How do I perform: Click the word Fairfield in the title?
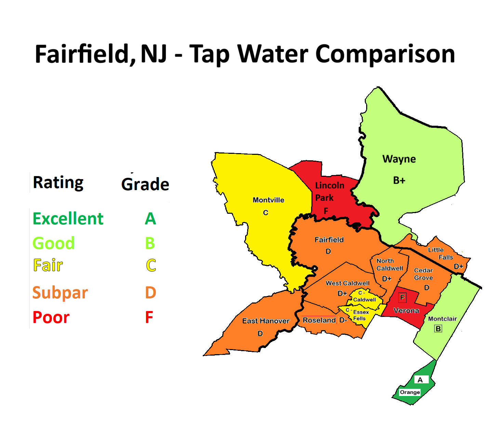pyautogui.click(x=82, y=54)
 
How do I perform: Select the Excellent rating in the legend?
pyautogui.click(x=68, y=219)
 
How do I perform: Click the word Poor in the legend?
pyautogui.click(x=51, y=317)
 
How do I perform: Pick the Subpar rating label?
pyautogui.click(x=60, y=293)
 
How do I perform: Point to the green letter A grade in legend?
pyautogui.click(x=150, y=219)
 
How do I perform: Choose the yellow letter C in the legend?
pyautogui.click(x=151, y=265)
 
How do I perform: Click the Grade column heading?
pyautogui.click(x=145, y=184)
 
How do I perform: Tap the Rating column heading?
pyautogui.click(x=58, y=183)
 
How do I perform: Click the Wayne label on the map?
pyautogui.click(x=399, y=159)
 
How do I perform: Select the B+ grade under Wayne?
pyautogui.click(x=399, y=180)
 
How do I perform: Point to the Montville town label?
pyautogui.click(x=268, y=200)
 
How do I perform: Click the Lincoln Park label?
pyautogui.click(x=329, y=191)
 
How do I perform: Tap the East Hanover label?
pyautogui.click(x=266, y=321)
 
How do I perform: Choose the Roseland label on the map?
pyautogui.click(x=319, y=320)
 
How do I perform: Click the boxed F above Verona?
pyautogui.click(x=402, y=297)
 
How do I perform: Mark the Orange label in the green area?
pyautogui.click(x=410, y=392)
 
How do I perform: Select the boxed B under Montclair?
pyautogui.click(x=438, y=329)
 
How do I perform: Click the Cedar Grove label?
pyautogui.click(x=423, y=274)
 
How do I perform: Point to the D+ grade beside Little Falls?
pyautogui.click(x=458, y=267)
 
